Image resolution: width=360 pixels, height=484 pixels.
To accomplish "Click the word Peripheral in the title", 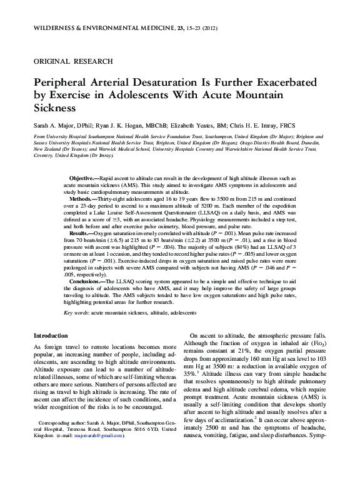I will click(64, 84).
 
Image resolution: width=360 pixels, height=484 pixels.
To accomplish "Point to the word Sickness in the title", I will click(52, 108).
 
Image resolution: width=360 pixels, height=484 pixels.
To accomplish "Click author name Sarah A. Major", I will click(52, 126).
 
